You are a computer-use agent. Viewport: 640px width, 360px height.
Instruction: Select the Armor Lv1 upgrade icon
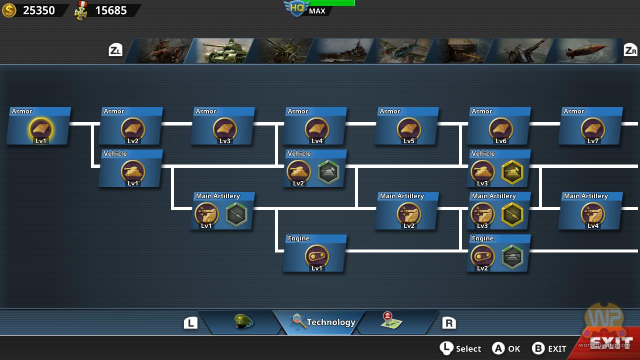coord(41,129)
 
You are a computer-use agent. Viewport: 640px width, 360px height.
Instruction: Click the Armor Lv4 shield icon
coord(317,129)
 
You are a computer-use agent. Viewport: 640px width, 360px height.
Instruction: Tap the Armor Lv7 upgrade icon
coord(593,129)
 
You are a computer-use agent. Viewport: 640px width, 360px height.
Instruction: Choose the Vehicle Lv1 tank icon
coord(133,172)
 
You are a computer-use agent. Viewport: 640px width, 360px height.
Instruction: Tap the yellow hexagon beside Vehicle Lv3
coord(512,172)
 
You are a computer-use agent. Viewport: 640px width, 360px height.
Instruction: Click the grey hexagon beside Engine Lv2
coord(512,257)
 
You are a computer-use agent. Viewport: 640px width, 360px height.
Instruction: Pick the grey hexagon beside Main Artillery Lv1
coord(236,214)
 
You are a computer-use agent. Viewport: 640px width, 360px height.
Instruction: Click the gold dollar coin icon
coord(9,10)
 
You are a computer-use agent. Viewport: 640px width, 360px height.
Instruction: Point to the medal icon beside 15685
coord(81,11)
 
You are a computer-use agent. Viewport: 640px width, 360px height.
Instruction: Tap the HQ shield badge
coord(297,8)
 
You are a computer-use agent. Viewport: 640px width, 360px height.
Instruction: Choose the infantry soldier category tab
coord(161,51)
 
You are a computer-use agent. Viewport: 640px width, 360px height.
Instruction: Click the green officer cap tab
coord(243,321)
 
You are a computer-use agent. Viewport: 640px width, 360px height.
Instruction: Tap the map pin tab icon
coord(391,320)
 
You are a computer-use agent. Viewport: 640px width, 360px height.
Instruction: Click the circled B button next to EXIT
coord(538,348)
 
